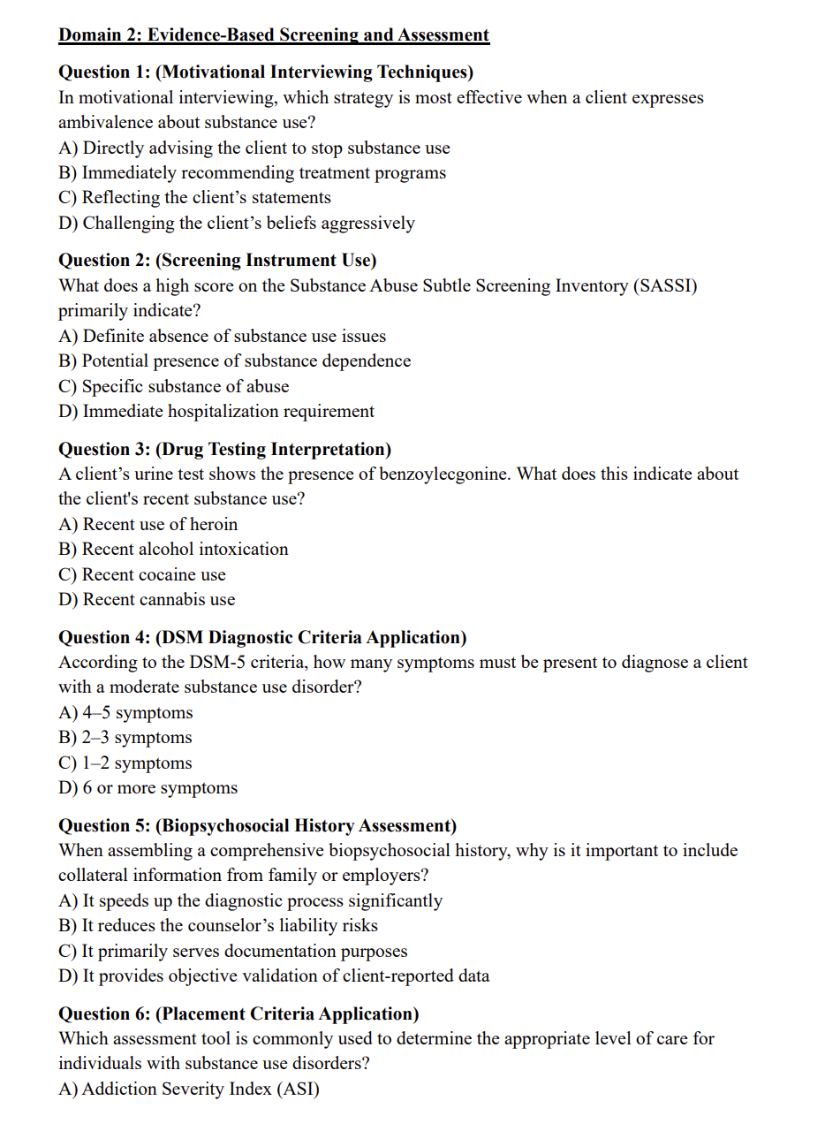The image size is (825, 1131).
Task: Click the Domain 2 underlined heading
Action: point(273,35)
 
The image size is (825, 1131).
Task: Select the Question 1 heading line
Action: point(266,72)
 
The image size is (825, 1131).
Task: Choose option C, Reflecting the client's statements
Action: point(194,198)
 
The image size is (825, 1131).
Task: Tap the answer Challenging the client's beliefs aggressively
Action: point(236,223)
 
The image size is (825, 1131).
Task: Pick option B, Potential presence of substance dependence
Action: point(234,361)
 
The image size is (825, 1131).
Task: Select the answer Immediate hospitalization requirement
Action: point(216,411)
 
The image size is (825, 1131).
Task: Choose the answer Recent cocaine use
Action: point(142,574)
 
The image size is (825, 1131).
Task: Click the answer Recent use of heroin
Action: point(148,524)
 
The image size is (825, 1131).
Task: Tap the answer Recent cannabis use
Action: point(147,599)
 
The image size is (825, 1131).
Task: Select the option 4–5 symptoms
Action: point(125,712)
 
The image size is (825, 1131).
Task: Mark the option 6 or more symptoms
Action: point(148,787)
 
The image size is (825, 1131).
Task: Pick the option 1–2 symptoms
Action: point(125,763)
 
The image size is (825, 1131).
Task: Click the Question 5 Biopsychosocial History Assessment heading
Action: point(257,825)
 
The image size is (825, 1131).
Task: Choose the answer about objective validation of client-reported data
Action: point(274,975)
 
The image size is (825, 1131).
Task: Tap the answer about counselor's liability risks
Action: point(218,925)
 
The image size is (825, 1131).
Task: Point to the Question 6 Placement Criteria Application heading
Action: point(238,1013)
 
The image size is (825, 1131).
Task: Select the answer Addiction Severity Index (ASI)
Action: point(189,1089)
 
